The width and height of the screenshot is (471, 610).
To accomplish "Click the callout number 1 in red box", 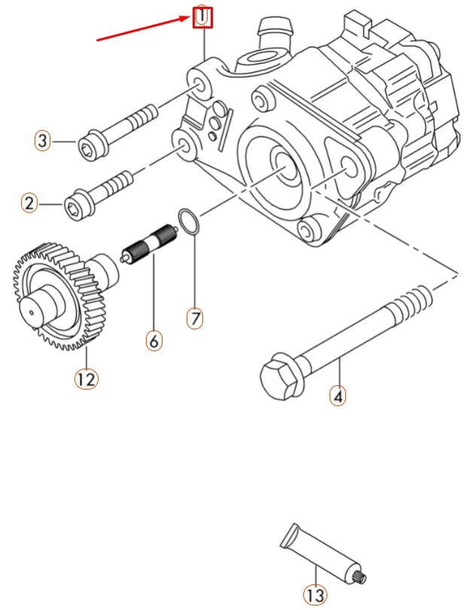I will pyautogui.click(x=202, y=17).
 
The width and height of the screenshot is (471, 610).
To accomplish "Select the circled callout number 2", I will pyautogui.click(x=29, y=203).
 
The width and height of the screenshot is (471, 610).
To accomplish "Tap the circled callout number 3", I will pyautogui.click(x=43, y=141).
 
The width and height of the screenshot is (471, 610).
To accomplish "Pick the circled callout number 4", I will pyautogui.click(x=338, y=395).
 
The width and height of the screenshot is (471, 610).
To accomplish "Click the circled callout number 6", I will pyautogui.click(x=153, y=341).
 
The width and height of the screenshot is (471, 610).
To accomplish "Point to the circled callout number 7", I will pyautogui.click(x=195, y=318).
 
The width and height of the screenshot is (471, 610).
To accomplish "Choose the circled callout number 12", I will pyautogui.click(x=86, y=378).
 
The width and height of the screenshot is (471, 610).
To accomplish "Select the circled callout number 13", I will pyautogui.click(x=315, y=595).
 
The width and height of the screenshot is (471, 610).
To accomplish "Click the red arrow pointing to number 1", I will pyautogui.click(x=143, y=29).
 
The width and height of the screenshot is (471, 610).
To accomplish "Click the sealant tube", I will pyautogui.click(x=320, y=557).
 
